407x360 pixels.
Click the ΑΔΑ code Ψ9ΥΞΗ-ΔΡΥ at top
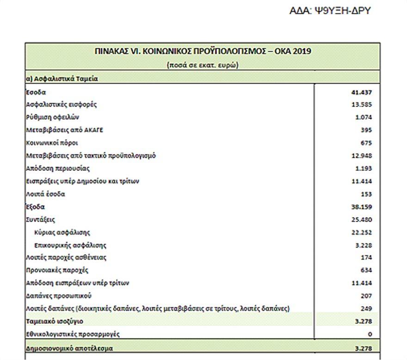pyautogui.click(x=330, y=11)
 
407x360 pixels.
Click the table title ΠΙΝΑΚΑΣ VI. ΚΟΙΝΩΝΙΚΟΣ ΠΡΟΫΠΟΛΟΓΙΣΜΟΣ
pyautogui.click(x=202, y=51)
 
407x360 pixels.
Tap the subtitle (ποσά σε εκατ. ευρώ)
pyautogui.click(x=202, y=65)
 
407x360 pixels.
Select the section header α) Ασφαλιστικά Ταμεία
pyautogui.click(x=62, y=79)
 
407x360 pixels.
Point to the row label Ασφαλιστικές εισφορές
pyautogui.click(x=62, y=105)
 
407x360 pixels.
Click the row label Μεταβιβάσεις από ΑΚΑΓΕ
pyautogui.click(x=65, y=130)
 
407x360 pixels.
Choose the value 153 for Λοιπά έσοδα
pyautogui.click(x=366, y=194)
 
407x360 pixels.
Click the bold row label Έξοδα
pyautogui.click(x=36, y=206)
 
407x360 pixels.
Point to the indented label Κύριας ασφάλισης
pyautogui.click(x=62, y=232)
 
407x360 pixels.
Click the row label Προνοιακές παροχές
pyautogui.click(x=57, y=270)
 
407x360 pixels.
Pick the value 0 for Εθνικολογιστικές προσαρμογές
pyautogui.click(x=370, y=334)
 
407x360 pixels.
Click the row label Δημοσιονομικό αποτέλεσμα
pyautogui.click(x=69, y=347)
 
